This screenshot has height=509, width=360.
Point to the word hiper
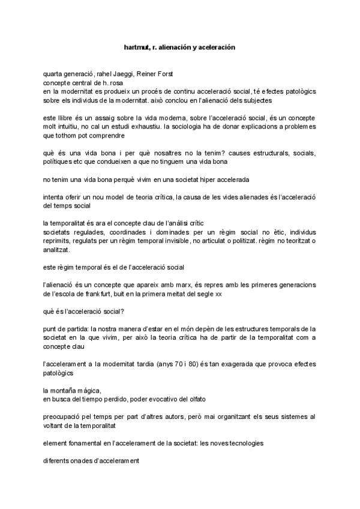tap(188, 179)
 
